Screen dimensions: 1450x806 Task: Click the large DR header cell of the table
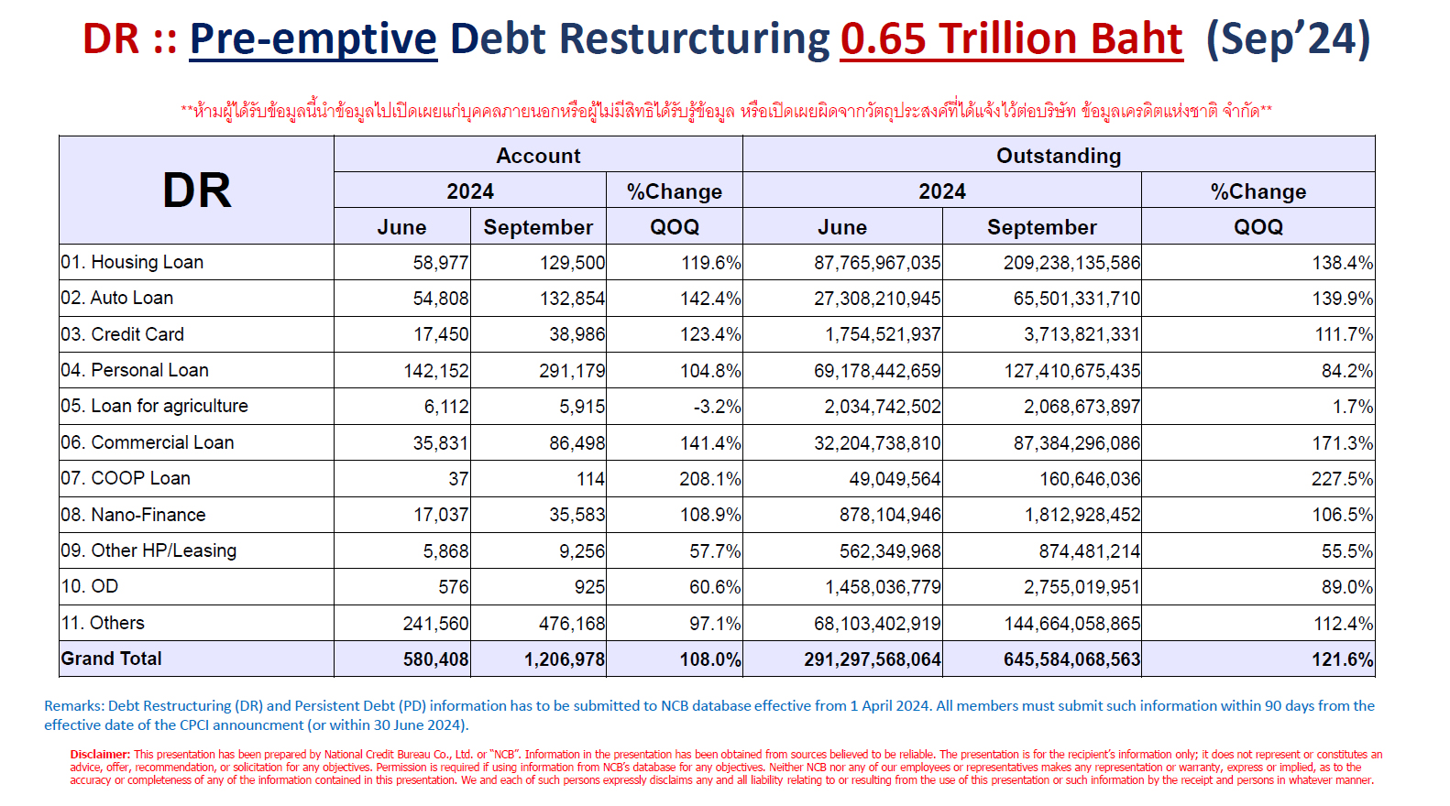pyautogui.click(x=197, y=191)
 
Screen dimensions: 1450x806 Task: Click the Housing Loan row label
pyautogui.click(x=132, y=262)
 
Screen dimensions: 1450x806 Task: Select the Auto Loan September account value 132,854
pyautogui.click(x=572, y=299)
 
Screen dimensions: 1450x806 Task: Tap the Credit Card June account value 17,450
pyautogui.click(x=441, y=334)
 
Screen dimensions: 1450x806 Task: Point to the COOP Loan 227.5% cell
pyautogui.click(x=1342, y=479)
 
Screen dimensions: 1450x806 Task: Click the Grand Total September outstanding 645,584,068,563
pyautogui.click(x=1072, y=659)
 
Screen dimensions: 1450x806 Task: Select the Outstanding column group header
pyautogui.click(x=1059, y=156)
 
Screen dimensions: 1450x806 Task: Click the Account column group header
pyautogui.click(x=538, y=156)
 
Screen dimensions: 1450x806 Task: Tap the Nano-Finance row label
pyautogui.click(x=133, y=515)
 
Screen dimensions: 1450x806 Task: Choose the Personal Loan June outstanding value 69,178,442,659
pyautogui.click(x=877, y=371)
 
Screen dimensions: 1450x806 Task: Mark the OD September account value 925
pyautogui.click(x=589, y=587)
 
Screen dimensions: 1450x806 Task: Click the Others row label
pyautogui.click(x=103, y=623)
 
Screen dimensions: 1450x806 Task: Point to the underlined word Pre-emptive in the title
pyautogui.click(x=313, y=38)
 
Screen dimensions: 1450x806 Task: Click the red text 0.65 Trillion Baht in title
pyautogui.click(x=1012, y=38)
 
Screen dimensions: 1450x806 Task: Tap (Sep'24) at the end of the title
pyautogui.click(x=1288, y=38)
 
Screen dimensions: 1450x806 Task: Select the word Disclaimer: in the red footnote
pyautogui.click(x=100, y=754)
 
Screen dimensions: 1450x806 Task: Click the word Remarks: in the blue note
pyautogui.click(x=73, y=706)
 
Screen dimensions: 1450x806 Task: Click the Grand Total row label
pyautogui.click(x=111, y=659)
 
